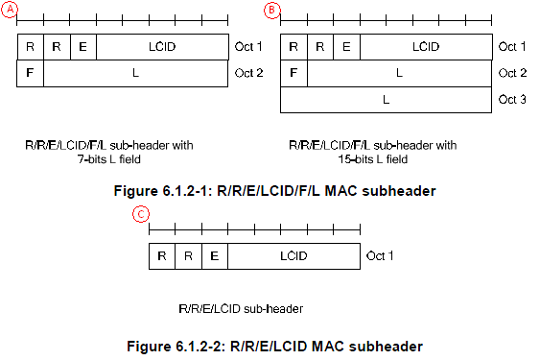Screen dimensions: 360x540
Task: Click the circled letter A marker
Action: (x=10, y=10)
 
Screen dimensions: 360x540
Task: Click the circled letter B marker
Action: (x=271, y=10)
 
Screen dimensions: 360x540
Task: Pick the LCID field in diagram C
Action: (x=293, y=255)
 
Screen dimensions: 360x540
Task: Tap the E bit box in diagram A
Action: (x=83, y=46)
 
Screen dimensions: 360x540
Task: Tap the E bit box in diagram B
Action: (x=346, y=46)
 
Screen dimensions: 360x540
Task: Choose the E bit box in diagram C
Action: (x=215, y=255)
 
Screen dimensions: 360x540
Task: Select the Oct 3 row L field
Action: (x=386, y=99)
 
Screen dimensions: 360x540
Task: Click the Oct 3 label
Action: (x=513, y=99)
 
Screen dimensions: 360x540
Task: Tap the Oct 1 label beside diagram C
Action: (x=381, y=255)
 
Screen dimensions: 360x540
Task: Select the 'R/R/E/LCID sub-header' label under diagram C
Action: (x=241, y=309)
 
